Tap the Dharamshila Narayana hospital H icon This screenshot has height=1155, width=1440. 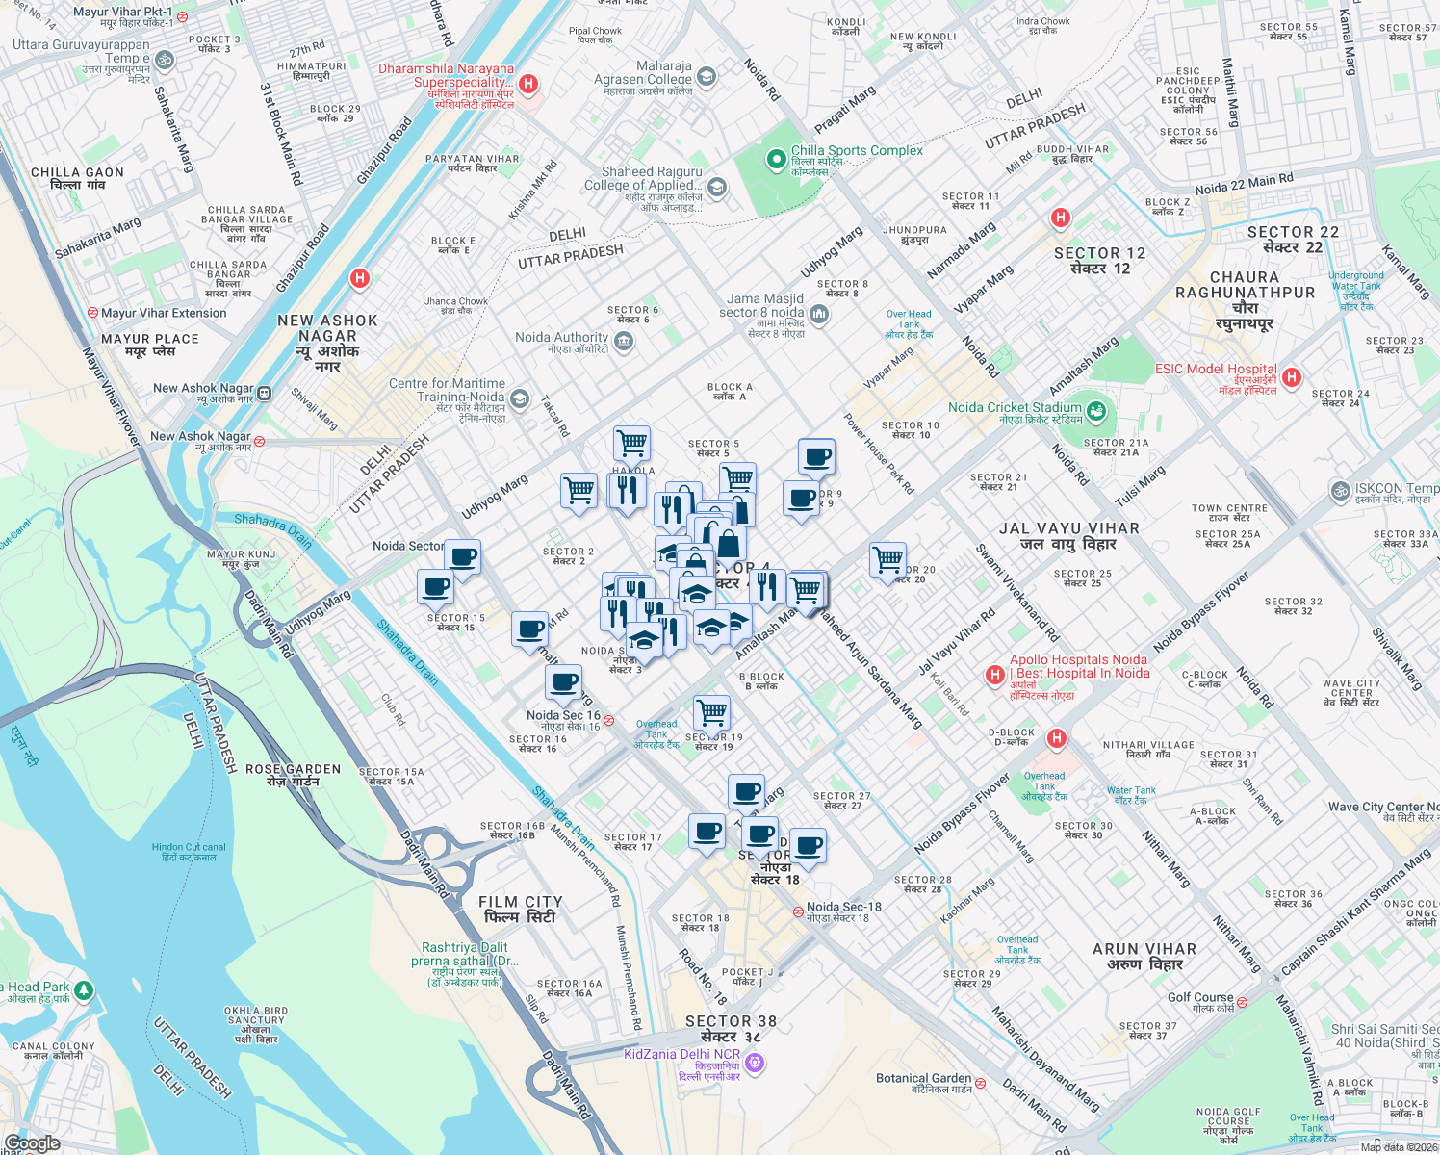[527, 85]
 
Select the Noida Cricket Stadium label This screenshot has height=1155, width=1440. [1015, 407]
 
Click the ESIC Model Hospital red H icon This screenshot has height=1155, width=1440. [1292, 377]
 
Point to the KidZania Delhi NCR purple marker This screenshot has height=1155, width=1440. [755, 1063]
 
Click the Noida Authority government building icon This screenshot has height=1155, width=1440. [624, 341]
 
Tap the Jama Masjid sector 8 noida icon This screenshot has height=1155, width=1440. [818, 313]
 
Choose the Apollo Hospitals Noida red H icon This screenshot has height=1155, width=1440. [995, 676]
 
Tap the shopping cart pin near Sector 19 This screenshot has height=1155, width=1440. [711, 712]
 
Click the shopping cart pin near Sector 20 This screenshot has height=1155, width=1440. [887, 559]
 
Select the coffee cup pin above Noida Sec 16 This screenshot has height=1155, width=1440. [564, 682]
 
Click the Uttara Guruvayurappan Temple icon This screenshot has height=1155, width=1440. [165, 60]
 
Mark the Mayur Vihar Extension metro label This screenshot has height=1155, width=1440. [164, 313]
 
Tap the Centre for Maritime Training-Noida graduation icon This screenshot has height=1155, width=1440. [520, 398]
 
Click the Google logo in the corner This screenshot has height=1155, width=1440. [32, 1143]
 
